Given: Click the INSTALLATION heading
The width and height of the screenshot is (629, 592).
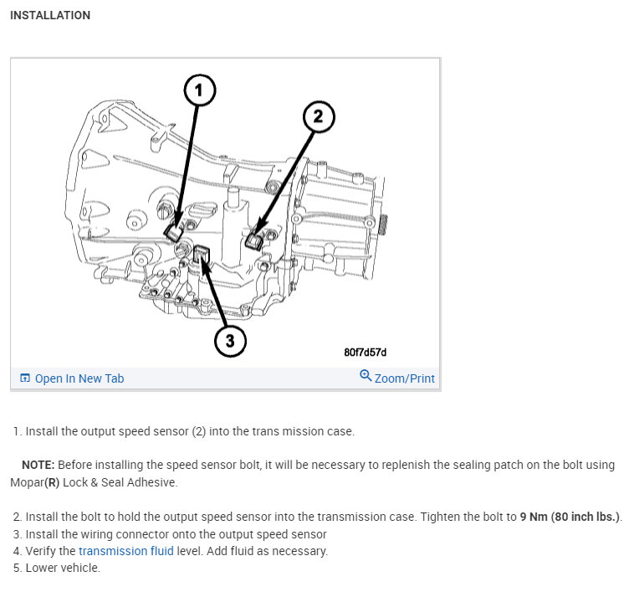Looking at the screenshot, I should [50, 15].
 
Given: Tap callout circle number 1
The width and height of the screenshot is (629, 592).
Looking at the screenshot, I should [199, 90].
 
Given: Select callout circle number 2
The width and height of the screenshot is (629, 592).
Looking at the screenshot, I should [317, 117].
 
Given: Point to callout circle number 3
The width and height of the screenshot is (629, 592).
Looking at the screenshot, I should [230, 340].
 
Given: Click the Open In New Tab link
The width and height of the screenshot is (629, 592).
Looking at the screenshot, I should [79, 378].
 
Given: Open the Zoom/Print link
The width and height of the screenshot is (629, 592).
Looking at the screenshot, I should [404, 378].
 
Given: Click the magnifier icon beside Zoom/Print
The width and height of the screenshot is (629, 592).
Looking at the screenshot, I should [366, 376].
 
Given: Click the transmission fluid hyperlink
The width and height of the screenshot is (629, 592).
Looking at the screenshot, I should [126, 551].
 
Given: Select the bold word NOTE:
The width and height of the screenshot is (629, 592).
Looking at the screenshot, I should [37, 464].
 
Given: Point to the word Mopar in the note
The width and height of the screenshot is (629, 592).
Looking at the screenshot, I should [28, 482].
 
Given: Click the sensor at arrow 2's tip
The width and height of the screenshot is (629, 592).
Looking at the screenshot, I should [254, 242].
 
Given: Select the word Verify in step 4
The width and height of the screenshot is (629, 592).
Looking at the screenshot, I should [43, 551].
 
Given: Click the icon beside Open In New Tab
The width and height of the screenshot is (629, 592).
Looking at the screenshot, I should [24, 378].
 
